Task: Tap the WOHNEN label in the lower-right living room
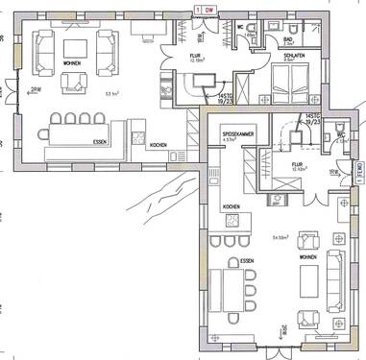[x=308, y=258]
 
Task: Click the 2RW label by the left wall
[x=36, y=89]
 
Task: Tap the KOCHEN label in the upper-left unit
[x=159, y=145]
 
